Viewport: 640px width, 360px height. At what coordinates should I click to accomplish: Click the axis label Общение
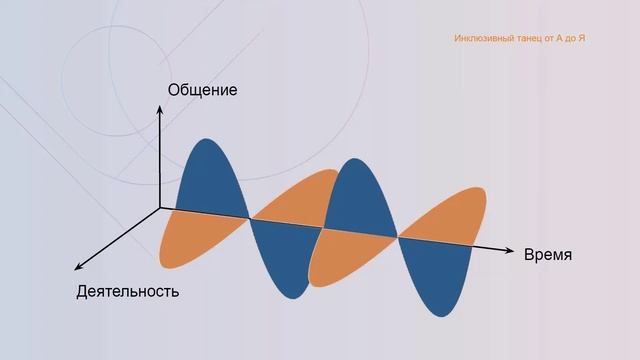pos(203,90)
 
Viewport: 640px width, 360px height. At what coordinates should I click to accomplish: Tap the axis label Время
pos(548,254)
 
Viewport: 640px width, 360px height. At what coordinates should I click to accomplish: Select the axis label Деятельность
pos(127,292)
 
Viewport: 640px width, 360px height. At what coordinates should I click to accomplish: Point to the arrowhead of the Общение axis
pos(160,109)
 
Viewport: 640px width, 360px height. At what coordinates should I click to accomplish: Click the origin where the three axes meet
pos(160,208)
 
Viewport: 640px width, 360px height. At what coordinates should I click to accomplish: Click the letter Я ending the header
pos(582,38)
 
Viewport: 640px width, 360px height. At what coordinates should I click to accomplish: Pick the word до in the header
pos(568,38)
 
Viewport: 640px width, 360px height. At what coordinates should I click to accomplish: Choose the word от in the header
pos(549,38)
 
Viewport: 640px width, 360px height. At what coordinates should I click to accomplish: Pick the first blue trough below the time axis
pos(285,260)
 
